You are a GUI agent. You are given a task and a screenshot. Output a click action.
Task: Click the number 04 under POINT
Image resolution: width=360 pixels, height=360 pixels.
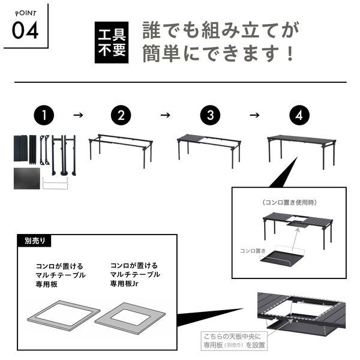click(25, 31)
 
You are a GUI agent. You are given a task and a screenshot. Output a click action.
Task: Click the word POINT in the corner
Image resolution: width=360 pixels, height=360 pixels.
click(26, 13)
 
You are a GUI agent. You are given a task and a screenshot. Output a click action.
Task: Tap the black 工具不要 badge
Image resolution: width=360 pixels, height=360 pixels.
click(112, 43)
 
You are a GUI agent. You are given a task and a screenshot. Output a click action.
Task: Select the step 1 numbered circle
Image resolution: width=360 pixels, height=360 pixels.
click(44, 115)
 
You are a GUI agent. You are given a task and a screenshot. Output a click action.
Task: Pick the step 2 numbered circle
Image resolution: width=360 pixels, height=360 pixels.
click(121, 115)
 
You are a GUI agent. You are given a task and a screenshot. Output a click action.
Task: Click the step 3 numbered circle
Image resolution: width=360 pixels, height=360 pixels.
click(210, 115)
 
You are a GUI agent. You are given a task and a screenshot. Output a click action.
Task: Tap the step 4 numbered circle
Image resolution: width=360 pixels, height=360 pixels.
click(299, 115)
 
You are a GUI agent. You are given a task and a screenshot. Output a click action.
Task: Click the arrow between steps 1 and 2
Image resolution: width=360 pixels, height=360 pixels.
click(78, 115)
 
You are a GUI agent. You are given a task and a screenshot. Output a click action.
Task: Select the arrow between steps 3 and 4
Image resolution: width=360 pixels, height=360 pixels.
click(254, 115)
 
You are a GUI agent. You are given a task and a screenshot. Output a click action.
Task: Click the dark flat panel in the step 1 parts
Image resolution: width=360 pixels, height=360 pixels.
click(27, 178)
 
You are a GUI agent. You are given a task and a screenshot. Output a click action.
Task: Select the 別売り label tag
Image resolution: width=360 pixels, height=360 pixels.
click(34, 241)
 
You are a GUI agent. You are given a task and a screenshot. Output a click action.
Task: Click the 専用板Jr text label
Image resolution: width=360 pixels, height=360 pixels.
click(124, 284)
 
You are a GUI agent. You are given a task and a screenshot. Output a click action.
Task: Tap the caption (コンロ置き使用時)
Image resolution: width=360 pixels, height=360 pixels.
click(290, 203)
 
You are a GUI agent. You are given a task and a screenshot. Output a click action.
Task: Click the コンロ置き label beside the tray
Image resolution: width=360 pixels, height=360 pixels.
click(253, 251)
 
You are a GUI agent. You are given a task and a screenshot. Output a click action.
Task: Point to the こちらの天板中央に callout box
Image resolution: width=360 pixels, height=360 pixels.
click(234, 341)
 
